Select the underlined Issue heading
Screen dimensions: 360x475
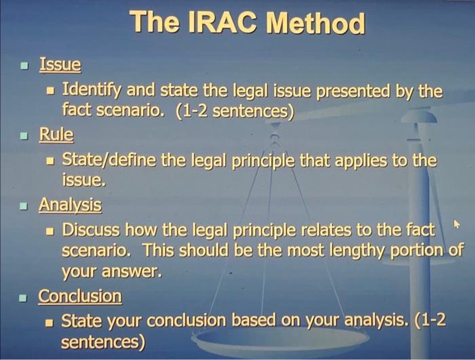[60, 65]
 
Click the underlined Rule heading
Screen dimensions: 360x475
[56, 135]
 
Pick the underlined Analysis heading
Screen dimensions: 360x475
[70, 204]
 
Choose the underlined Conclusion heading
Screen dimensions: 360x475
[80, 296]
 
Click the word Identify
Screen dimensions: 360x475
[94, 89]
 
